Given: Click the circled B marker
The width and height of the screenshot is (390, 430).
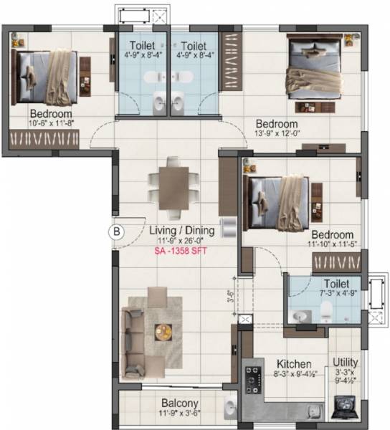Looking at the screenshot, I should click(x=116, y=231).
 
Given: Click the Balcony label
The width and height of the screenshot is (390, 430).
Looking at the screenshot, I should click(x=179, y=403).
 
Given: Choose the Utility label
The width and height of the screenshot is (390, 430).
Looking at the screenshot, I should click(x=346, y=363).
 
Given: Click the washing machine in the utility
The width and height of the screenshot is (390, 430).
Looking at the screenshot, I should click(x=346, y=409).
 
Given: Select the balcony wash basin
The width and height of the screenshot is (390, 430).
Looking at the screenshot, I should click(x=229, y=408).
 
